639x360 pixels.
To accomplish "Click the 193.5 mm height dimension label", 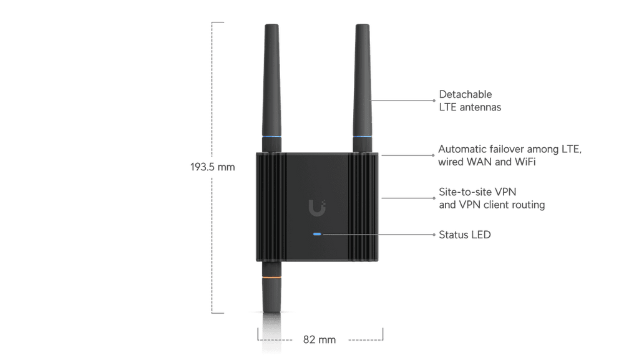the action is (212, 167).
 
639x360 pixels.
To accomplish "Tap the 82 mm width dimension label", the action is (319, 339).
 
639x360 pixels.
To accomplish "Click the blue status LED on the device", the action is (317, 234).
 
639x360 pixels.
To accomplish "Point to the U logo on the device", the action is (317, 208).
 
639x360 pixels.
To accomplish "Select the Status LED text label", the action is (464, 235).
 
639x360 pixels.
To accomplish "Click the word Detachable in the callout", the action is (466, 94).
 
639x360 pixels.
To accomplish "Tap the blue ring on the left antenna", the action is (271, 137).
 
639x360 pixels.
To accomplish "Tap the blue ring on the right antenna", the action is (363, 137).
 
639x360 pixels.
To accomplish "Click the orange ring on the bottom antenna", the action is (271, 277).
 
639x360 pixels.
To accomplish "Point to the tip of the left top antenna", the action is (271, 25).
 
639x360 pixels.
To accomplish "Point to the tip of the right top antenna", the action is (363, 25).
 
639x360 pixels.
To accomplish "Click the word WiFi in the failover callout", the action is (525, 162).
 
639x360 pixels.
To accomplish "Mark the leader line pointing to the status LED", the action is (379, 235).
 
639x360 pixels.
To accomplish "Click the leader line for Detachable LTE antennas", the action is (402, 100).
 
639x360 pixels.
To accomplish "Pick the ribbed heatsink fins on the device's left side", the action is (271, 207).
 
